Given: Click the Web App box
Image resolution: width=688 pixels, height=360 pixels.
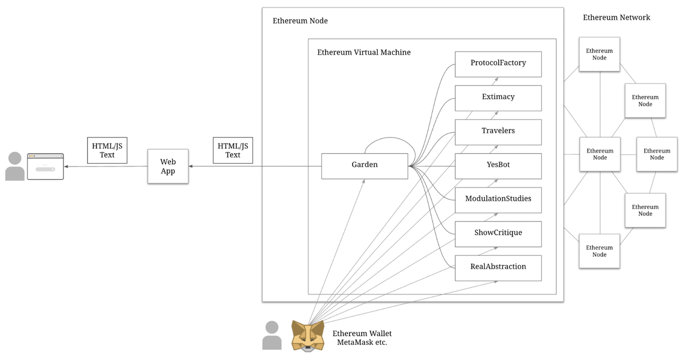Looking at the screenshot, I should (x=168, y=167).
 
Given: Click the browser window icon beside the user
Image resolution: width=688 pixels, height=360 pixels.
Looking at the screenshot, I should (x=45, y=167).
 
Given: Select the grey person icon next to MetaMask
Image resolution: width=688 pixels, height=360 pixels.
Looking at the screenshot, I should (x=272, y=335).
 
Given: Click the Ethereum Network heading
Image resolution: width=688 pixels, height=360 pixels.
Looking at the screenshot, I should (x=616, y=18).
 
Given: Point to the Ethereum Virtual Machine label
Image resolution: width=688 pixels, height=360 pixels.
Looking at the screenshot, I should (x=363, y=53).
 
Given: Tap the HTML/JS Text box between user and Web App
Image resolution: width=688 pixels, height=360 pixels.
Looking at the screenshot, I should (x=107, y=150).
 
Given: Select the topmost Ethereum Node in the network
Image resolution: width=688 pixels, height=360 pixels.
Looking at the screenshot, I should (x=599, y=54).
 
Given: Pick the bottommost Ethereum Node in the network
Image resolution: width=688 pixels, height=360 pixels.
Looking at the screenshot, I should (x=599, y=251).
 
